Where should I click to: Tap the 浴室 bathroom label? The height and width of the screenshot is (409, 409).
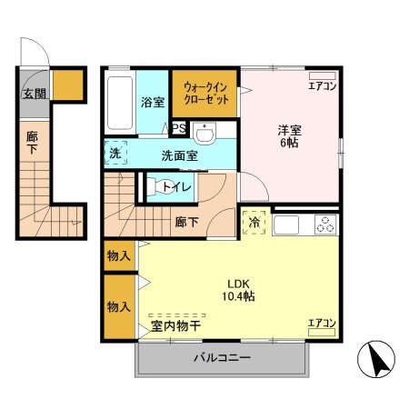click(151, 103)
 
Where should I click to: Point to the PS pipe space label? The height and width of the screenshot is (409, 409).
click(179, 129)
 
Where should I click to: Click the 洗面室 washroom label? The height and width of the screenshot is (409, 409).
click(180, 155)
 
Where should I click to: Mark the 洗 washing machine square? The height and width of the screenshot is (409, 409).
click(115, 154)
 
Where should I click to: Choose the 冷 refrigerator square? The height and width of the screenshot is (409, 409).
click(254, 221)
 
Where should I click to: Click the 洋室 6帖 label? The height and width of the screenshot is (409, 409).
click(289, 136)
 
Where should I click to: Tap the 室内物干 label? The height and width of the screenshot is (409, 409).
click(176, 325)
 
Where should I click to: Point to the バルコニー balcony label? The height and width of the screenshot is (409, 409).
click(221, 358)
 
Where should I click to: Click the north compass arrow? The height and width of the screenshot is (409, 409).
click(379, 361)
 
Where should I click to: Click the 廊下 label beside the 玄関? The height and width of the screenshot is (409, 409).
click(31, 144)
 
